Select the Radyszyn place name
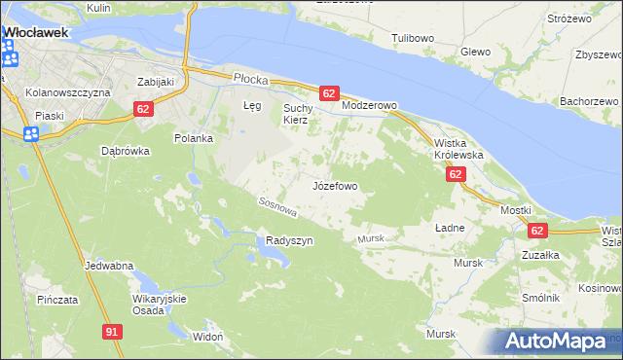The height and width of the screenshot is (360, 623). (289, 241)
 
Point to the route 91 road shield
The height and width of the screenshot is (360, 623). (112, 332)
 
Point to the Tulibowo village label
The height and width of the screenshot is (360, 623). (412, 38)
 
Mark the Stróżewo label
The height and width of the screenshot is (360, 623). (570, 18)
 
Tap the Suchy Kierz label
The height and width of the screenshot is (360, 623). (295, 114)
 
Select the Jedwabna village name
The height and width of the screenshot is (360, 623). (108, 266)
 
